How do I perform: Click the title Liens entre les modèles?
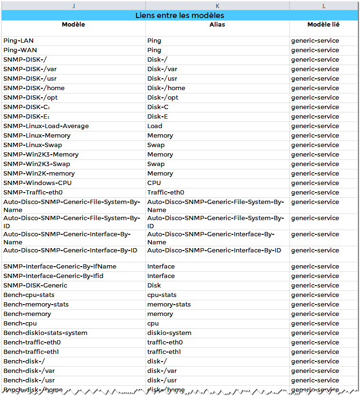coord(180,16)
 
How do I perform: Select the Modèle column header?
coord(74,25)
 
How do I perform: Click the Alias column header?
coord(217,25)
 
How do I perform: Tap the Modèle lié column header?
coord(323,25)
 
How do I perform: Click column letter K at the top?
coord(217,6)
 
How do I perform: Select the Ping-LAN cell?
coord(19,41)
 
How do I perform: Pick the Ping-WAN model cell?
coord(20,50)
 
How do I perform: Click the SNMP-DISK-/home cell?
coord(34,88)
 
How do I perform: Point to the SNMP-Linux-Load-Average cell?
coord(46,126)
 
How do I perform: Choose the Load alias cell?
coord(155,126)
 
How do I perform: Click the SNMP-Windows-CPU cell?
coord(38,183)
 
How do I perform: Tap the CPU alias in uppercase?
coord(154,183)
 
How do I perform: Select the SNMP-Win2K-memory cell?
coord(39,174)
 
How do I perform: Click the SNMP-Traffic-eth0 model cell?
coord(33,193)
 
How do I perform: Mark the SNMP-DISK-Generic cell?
coord(35,286)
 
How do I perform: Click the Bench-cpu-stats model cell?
coord(29,295)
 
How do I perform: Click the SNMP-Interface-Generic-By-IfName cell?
coord(60,267)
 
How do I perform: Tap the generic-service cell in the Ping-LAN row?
coord(315,41)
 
